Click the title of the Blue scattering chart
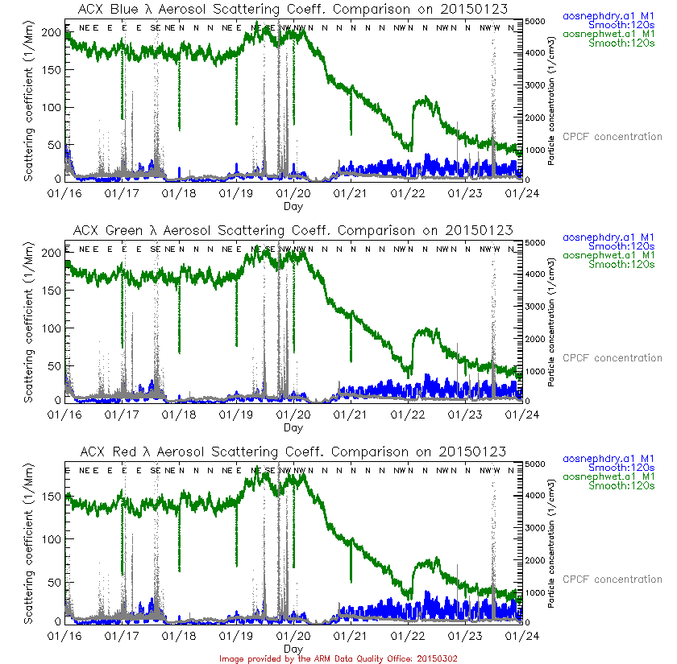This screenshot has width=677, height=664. [293, 9]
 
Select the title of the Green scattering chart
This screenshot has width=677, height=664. [293, 230]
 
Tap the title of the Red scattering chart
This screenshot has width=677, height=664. [293, 452]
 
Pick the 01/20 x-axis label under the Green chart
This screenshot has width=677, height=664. [293, 415]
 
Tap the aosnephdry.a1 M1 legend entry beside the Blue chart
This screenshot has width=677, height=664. [608, 16]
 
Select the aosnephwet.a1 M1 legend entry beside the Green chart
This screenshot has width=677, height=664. [608, 255]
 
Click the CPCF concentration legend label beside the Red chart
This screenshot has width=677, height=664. [612, 579]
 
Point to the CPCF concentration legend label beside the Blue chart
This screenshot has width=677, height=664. [612, 137]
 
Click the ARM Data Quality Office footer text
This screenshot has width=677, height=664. [338, 658]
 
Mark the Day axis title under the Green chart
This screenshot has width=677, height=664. [293, 427]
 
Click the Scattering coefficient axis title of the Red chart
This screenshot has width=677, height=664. [30, 543]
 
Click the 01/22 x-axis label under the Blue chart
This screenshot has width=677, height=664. [408, 194]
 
